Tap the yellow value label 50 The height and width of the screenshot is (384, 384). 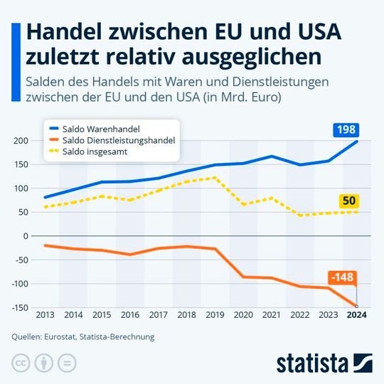coord(348,201)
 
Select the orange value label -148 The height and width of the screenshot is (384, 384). coord(342,277)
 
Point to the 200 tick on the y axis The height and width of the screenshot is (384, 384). coord(19,141)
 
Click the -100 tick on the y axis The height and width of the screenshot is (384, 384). coord(18,284)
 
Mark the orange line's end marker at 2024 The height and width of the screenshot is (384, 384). coord(357,306)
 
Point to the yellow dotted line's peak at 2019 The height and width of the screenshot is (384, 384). coord(214,178)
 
